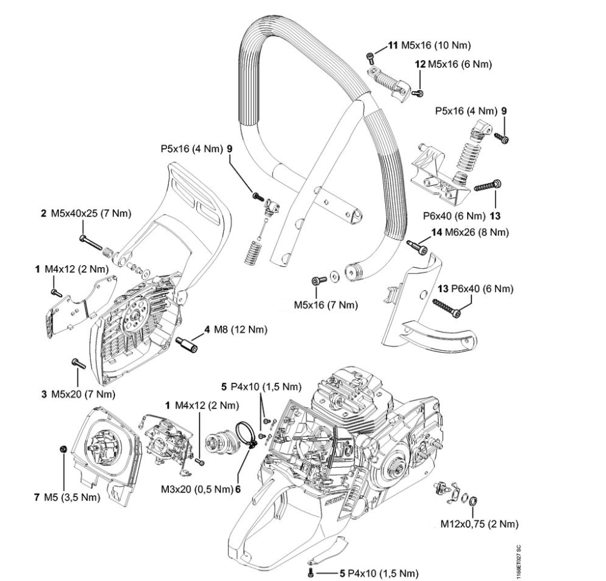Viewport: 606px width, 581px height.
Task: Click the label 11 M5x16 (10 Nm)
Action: (429, 45)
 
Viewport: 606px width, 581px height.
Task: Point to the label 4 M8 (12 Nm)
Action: (234, 330)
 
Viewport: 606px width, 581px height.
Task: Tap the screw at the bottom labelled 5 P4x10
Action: (311, 572)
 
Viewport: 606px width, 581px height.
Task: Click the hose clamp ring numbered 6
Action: (246, 433)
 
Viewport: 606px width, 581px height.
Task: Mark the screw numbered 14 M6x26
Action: (417, 246)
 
